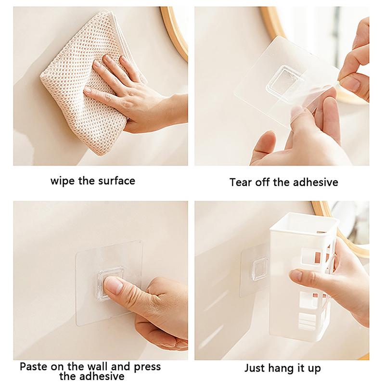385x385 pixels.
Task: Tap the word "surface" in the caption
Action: click(116, 181)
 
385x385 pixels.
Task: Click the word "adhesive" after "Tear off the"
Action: click(316, 182)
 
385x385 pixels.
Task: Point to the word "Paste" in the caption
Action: click(33, 367)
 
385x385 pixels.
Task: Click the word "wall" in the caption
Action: click(98, 367)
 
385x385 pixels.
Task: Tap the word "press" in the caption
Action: click(147, 367)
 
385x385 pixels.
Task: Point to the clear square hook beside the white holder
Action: click(259, 269)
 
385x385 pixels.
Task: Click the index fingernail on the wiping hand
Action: click(108, 58)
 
